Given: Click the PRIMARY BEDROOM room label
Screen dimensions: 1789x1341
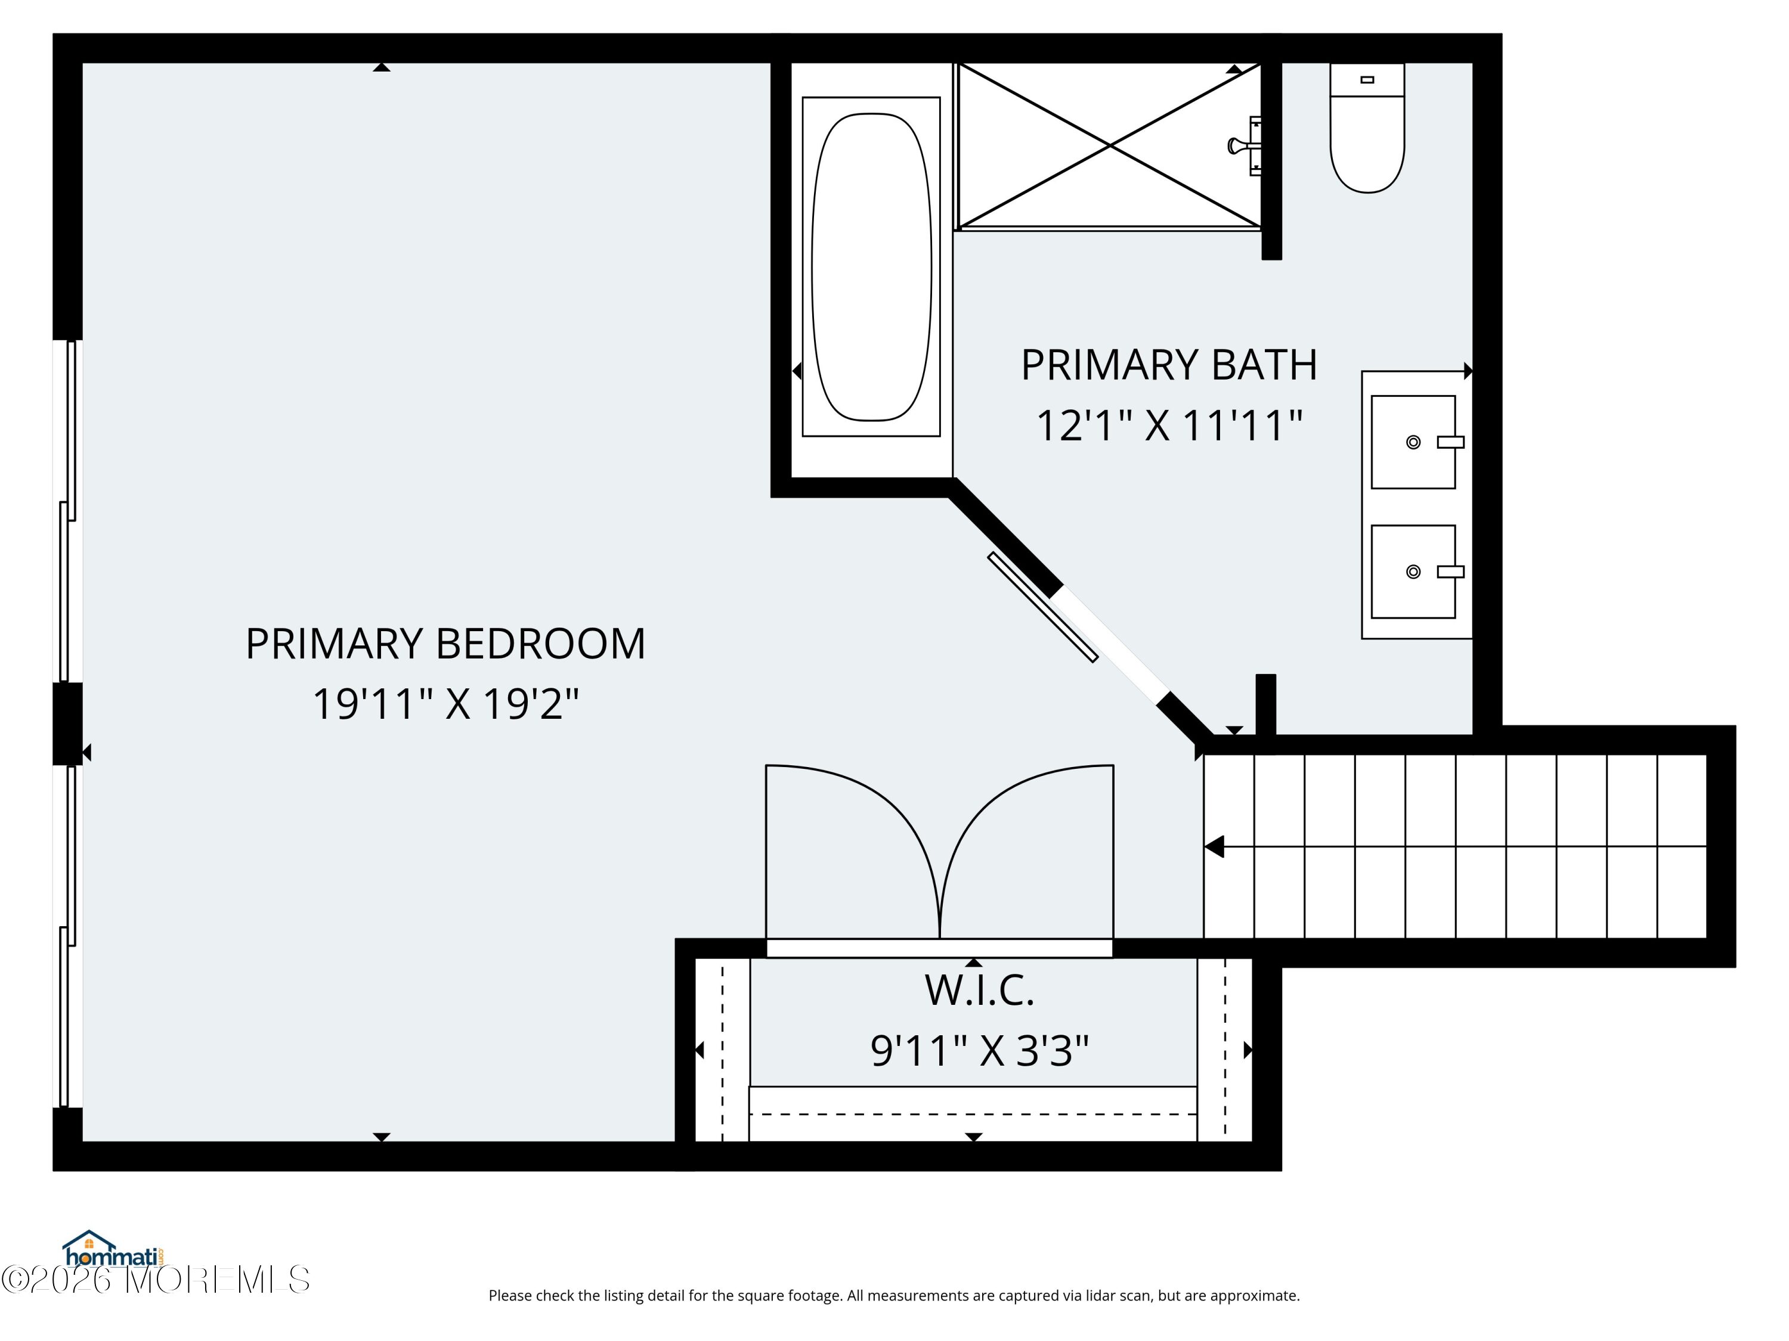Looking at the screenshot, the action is (x=445, y=644).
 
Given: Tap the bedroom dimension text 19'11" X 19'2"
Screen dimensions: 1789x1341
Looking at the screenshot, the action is (x=445, y=704).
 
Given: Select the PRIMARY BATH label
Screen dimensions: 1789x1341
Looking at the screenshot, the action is (x=1169, y=365).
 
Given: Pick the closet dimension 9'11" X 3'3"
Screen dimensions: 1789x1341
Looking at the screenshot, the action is (x=979, y=1051).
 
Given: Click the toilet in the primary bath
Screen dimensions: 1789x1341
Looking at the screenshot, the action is (x=1367, y=128).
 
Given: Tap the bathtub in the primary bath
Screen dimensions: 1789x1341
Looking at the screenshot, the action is (x=871, y=267).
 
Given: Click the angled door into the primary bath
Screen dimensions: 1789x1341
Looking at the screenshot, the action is (x=1042, y=607).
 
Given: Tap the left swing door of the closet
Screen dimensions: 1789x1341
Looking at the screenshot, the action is (x=852, y=851).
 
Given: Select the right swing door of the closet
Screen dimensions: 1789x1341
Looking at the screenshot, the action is (x=1027, y=851).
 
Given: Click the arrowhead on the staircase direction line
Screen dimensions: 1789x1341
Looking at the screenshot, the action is (x=1214, y=847).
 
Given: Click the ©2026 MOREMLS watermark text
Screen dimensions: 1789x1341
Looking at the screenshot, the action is (x=155, y=1280).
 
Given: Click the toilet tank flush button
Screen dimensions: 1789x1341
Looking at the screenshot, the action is (x=1367, y=79).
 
